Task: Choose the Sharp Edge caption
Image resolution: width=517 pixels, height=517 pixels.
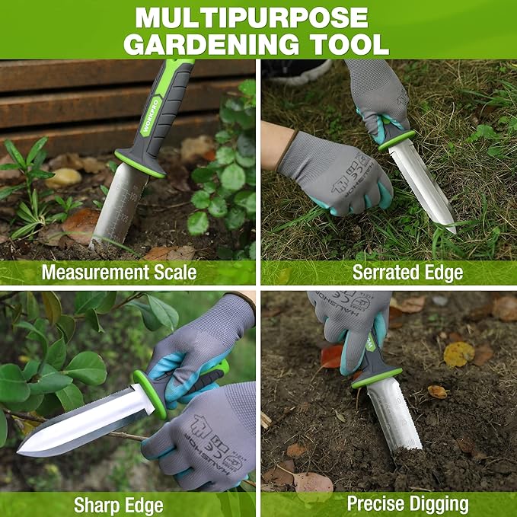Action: (x=119, y=504)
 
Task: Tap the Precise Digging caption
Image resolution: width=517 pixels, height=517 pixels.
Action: (x=407, y=504)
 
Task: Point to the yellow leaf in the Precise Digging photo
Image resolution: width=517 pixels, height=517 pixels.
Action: (x=458, y=353)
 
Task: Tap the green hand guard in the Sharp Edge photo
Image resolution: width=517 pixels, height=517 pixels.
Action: (x=149, y=394)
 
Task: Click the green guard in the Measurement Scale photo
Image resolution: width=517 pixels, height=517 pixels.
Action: (x=140, y=164)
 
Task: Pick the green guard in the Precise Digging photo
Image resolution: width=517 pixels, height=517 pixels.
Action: (x=376, y=378)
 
